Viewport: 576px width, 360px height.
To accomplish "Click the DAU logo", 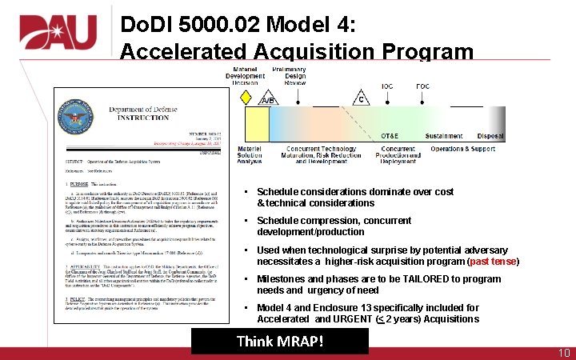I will [x=58, y=33].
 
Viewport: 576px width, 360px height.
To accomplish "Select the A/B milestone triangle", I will [x=269, y=98].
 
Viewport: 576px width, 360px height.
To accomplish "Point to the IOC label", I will [x=387, y=86].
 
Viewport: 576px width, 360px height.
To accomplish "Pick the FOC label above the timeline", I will [x=422, y=86].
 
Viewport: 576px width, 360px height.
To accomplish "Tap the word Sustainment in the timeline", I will [x=444, y=136].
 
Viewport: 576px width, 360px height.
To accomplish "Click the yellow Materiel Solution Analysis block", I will [x=256, y=125].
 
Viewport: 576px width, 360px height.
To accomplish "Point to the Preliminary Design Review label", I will [x=295, y=76].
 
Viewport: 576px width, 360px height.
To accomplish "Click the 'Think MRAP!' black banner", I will [x=279, y=342].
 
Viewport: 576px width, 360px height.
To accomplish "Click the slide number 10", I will [x=563, y=353].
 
